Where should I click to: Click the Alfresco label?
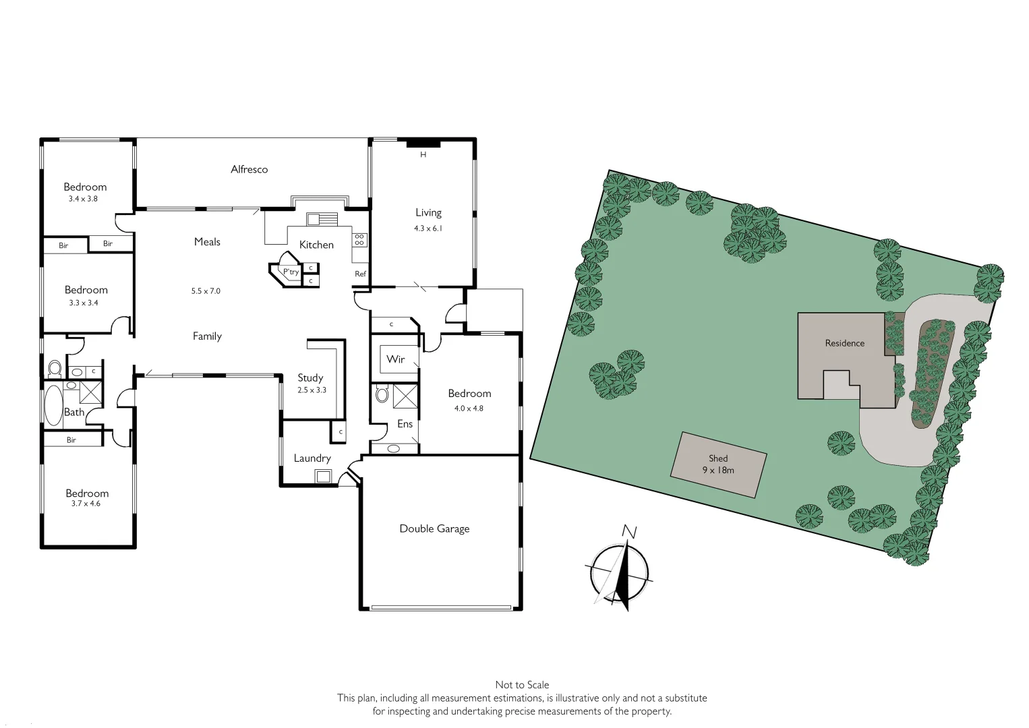click(x=249, y=169)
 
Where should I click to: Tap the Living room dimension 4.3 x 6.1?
click(x=428, y=229)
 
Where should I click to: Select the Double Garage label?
click(x=434, y=528)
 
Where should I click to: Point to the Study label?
click(x=310, y=377)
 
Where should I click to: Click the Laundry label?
click(x=312, y=458)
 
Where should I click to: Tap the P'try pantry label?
click(x=291, y=272)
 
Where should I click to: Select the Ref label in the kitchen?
click(x=360, y=274)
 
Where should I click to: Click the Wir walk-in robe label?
click(x=396, y=359)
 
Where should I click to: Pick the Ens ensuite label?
click(x=405, y=424)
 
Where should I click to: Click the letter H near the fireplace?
click(x=423, y=155)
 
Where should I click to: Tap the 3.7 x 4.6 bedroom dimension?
click(x=85, y=504)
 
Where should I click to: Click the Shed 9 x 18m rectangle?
click(x=719, y=464)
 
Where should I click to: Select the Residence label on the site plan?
click(x=844, y=343)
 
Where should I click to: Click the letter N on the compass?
click(x=630, y=532)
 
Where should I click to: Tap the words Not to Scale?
click(x=522, y=685)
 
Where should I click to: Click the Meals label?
click(x=207, y=241)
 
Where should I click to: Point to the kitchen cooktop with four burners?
click(x=359, y=239)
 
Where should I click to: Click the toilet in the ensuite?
click(x=382, y=394)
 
